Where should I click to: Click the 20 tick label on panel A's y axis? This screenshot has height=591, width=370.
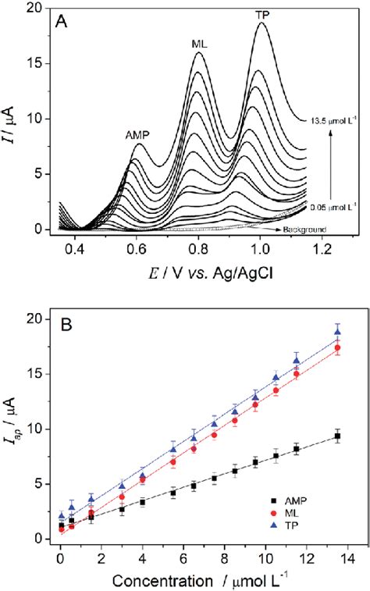tap(33, 8)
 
